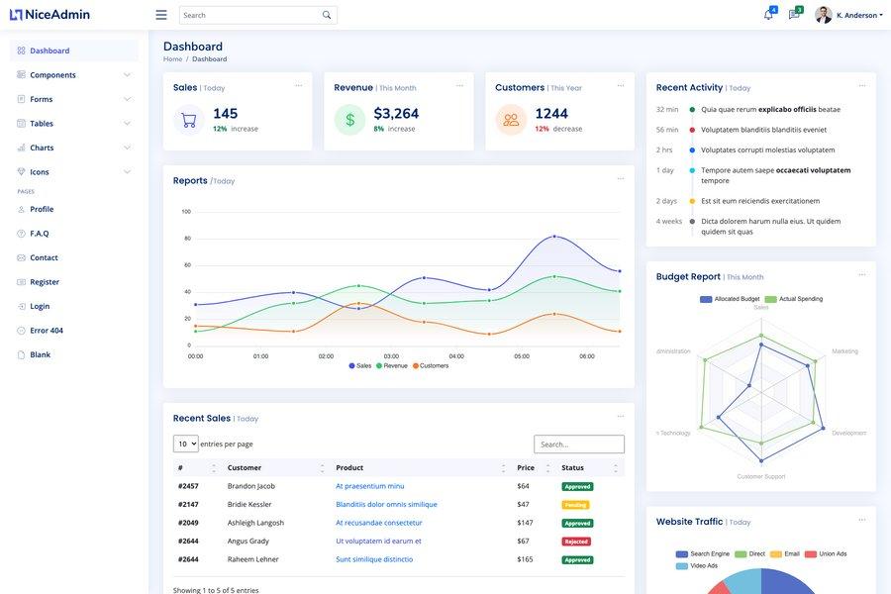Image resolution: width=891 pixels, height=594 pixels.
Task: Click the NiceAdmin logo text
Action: pos(57,15)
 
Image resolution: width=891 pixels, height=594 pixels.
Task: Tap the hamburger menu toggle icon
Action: pos(161,15)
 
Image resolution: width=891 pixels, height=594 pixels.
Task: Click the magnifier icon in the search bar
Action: pos(327,15)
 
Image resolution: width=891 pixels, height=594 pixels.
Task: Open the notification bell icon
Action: pos(768,15)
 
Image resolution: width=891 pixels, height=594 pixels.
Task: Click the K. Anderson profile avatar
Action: pos(824,15)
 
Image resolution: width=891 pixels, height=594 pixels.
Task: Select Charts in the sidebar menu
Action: pos(42,148)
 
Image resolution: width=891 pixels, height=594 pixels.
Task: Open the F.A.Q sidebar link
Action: pos(40,234)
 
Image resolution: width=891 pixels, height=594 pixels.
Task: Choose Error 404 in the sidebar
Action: pos(47,331)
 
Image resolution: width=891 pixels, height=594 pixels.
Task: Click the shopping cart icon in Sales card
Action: pos(189,120)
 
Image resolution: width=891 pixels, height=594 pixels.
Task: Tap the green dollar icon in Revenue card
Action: pos(349,120)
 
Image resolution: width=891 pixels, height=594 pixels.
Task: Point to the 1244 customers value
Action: pos(551,114)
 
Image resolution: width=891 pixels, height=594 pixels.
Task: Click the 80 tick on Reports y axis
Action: pos(187,239)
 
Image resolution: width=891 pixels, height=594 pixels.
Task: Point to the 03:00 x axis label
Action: pos(391,356)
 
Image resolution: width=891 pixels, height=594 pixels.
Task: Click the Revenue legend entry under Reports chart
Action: pos(392,366)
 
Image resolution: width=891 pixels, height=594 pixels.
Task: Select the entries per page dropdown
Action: pos(185,444)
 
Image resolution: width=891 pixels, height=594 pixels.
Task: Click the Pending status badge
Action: pos(575,505)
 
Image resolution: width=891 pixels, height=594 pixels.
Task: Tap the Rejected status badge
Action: pos(576,542)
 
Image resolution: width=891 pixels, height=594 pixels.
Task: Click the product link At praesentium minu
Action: pos(369,486)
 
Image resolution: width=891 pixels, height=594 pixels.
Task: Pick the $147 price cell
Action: pos(525,523)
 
